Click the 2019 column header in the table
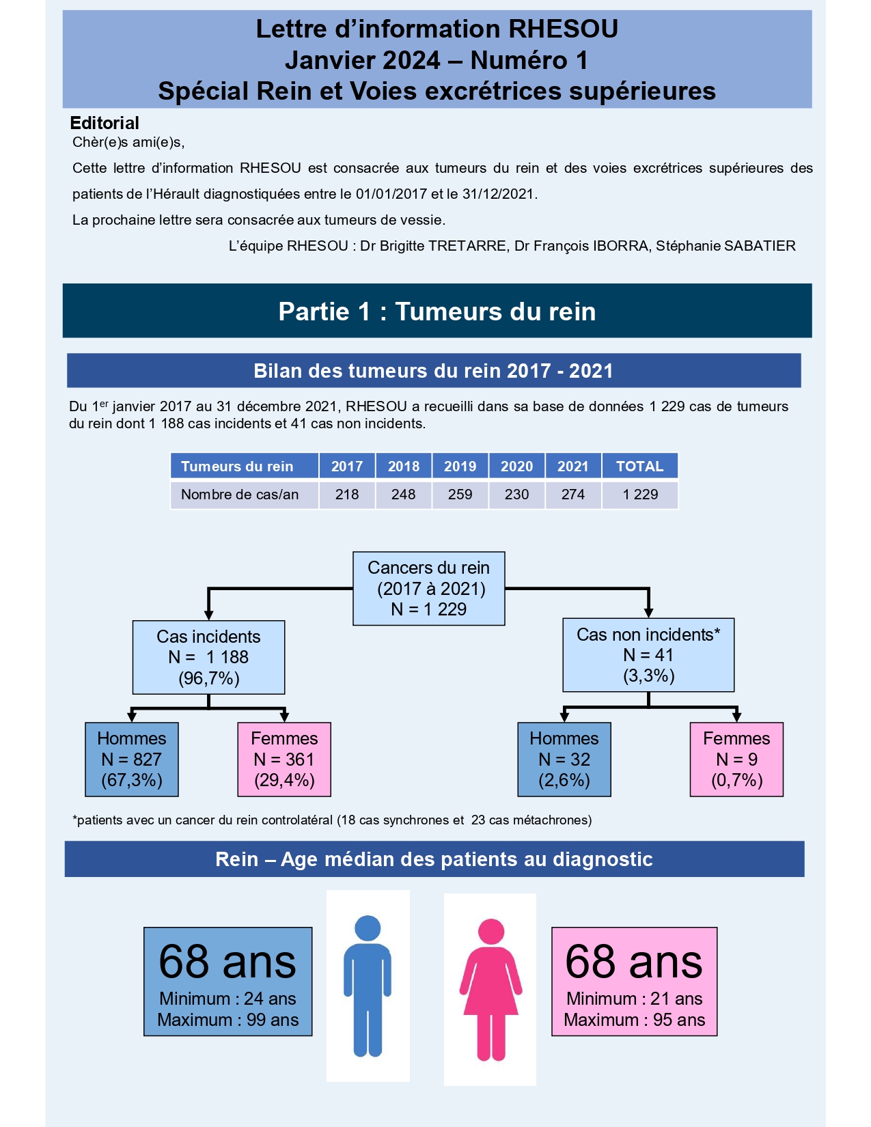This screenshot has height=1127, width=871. point(460,467)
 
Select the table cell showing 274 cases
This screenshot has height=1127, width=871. point(572,495)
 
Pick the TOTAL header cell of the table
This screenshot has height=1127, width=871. point(639,467)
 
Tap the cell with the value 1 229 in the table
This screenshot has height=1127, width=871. point(640,495)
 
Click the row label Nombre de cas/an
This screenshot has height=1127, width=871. point(240,495)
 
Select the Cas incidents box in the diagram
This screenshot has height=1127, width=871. point(208,657)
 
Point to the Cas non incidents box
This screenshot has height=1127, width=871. point(648,655)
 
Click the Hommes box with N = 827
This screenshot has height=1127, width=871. point(132,760)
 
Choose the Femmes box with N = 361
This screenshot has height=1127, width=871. point(284,760)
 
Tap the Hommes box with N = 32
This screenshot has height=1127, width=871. point(564,760)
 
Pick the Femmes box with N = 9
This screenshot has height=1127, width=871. point(736,760)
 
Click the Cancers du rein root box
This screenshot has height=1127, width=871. point(428,589)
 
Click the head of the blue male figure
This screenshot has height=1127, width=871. point(368,928)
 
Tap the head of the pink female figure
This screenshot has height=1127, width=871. point(491,932)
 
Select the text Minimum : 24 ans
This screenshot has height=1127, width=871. point(227,999)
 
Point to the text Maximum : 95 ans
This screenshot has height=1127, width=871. point(634,1020)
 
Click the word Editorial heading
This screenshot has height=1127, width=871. point(105,123)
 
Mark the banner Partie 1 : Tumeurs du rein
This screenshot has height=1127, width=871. point(437,311)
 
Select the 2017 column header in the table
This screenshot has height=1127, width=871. point(347,467)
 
